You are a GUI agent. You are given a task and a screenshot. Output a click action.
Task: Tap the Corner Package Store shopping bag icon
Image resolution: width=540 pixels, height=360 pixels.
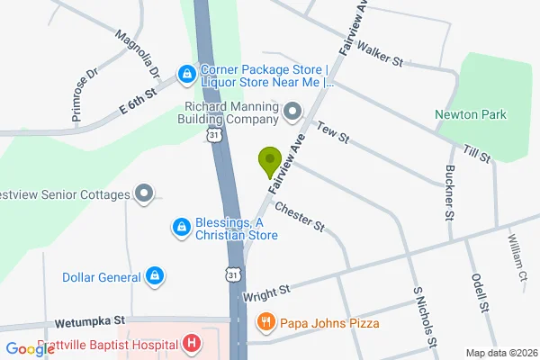[187, 72]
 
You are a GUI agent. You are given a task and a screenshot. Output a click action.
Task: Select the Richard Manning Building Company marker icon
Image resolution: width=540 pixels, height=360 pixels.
[292, 112]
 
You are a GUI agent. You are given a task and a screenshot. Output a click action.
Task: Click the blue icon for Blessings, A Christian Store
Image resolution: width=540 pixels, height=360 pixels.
[181, 228]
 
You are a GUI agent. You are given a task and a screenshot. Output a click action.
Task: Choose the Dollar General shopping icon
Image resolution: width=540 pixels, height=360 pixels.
[154, 275]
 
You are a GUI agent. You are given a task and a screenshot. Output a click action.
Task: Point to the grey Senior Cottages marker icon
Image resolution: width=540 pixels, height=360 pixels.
[143, 193]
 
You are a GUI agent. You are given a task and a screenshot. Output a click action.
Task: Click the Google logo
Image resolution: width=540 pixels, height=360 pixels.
[30, 349]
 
